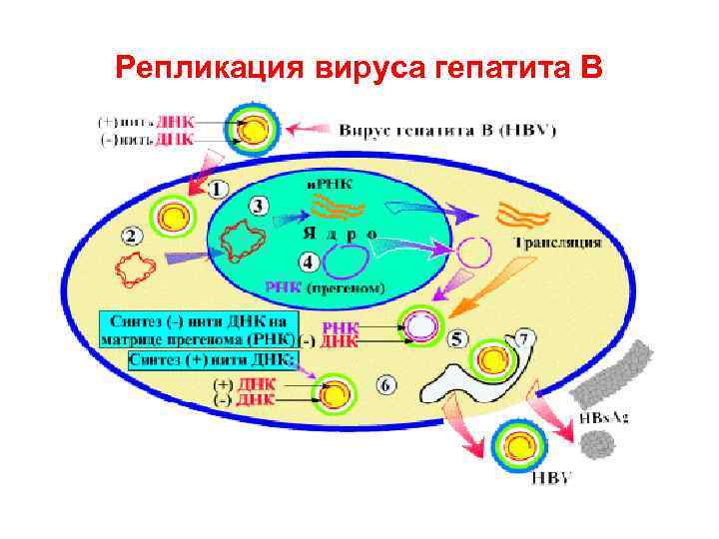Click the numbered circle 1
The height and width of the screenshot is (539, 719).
[219, 189]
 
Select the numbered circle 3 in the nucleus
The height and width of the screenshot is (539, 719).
[258, 206]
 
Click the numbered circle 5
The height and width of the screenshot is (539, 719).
[458, 339]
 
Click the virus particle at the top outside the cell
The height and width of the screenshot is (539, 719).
[255, 130]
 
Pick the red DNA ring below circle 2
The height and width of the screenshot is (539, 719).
[138, 270]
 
